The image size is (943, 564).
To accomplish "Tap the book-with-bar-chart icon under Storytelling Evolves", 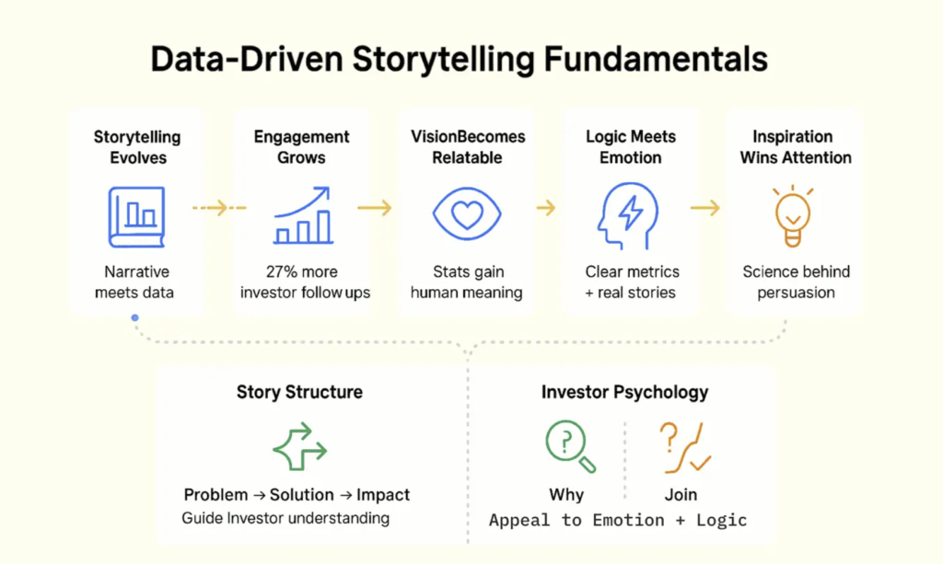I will (136, 217).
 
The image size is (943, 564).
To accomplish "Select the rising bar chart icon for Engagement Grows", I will (302, 216).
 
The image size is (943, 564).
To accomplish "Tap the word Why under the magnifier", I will (566, 494).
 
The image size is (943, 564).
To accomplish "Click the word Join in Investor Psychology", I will (681, 494).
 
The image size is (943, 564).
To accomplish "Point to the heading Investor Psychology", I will (624, 392).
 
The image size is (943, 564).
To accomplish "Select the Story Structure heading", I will (299, 392).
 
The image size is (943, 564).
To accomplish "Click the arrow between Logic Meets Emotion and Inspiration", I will (705, 209).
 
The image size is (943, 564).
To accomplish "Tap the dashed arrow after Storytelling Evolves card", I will (219, 209).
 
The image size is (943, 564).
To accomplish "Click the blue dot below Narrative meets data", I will (135, 318).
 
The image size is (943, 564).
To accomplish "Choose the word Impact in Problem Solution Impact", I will (383, 494).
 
